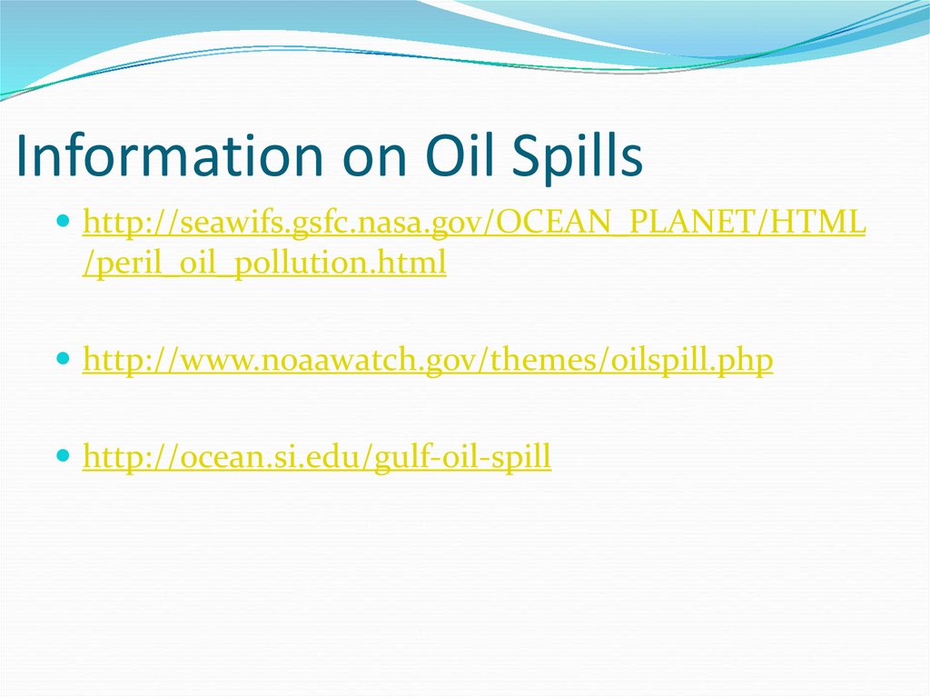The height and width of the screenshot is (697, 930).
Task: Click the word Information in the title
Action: coord(163,155)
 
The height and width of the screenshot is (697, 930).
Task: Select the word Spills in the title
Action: coord(580,155)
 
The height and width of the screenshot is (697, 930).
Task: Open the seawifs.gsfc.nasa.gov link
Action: coord(472,223)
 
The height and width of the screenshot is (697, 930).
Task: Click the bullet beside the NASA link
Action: coord(63,222)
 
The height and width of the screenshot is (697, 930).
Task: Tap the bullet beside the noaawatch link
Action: coord(63,361)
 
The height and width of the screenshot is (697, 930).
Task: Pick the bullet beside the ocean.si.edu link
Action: coord(63,457)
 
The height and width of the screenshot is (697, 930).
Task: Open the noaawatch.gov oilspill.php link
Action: coord(427,362)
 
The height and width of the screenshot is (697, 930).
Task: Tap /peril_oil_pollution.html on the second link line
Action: coord(264,264)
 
